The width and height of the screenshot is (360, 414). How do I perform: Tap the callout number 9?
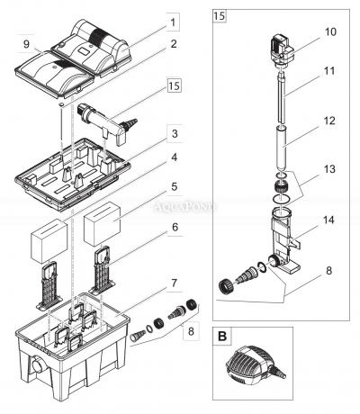[27, 42]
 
